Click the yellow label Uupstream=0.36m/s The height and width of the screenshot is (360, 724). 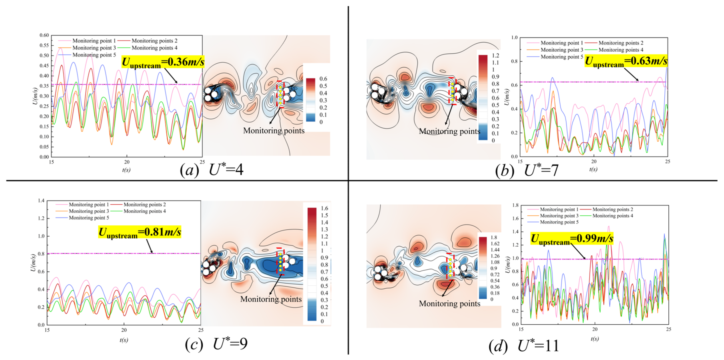pyautogui.click(x=163, y=62)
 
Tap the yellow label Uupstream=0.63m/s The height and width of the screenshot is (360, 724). pyautogui.click(x=626, y=61)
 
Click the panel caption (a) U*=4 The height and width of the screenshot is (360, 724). pyautogui.click(x=212, y=170)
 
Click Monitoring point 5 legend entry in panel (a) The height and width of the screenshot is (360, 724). pyautogui.click(x=94, y=55)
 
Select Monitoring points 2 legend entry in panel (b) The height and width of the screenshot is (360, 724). pyautogui.click(x=620, y=43)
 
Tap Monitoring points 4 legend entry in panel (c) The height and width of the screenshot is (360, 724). pyautogui.click(x=144, y=211)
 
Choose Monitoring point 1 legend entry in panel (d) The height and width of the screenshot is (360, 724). pyautogui.click(x=559, y=209)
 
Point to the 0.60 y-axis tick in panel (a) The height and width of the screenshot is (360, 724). pyautogui.click(x=44, y=35)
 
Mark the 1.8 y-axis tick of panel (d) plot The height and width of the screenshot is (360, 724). pyautogui.click(x=515, y=205)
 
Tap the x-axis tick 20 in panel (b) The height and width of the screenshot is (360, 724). pyautogui.click(x=594, y=161)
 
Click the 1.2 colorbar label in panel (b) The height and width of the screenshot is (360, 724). pyautogui.click(x=495, y=55)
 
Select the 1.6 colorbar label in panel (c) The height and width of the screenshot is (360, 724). pyautogui.click(x=324, y=208)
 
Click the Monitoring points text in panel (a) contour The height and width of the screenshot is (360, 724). pyautogui.click(x=273, y=131)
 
